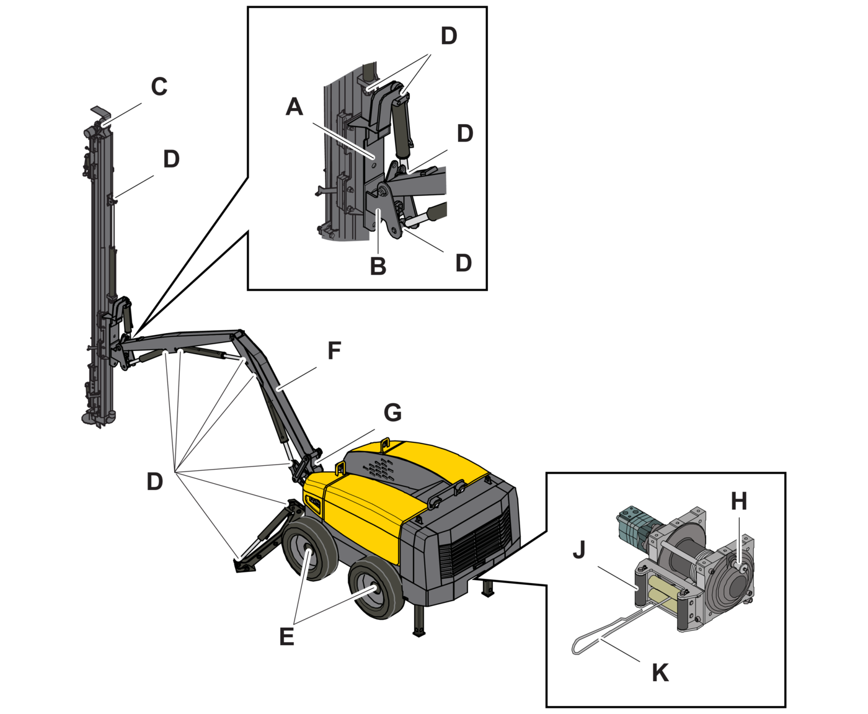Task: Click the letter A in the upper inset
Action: pyautogui.click(x=294, y=107)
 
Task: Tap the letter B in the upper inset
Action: pyautogui.click(x=378, y=266)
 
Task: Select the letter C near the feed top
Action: pyautogui.click(x=159, y=86)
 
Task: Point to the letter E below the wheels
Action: pyautogui.click(x=286, y=636)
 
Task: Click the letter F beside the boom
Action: pyautogui.click(x=334, y=350)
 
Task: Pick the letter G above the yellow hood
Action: pyautogui.click(x=393, y=413)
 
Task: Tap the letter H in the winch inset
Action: pyautogui.click(x=739, y=501)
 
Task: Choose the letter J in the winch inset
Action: pyautogui.click(x=579, y=549)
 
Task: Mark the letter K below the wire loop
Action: pyautogui.click(x=660, y=672)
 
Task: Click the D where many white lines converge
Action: pyautogui.click(x=155, y=481)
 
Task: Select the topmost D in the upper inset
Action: pyautogui.click(x=449, y=36)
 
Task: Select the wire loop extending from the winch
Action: pyautogui.click(x=595, y=639)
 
